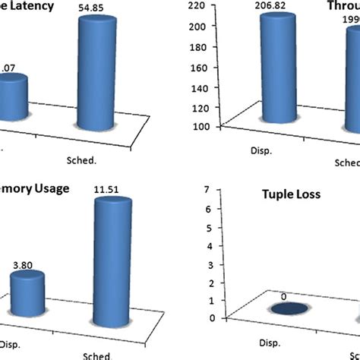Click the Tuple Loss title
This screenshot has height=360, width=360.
(285, 194)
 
